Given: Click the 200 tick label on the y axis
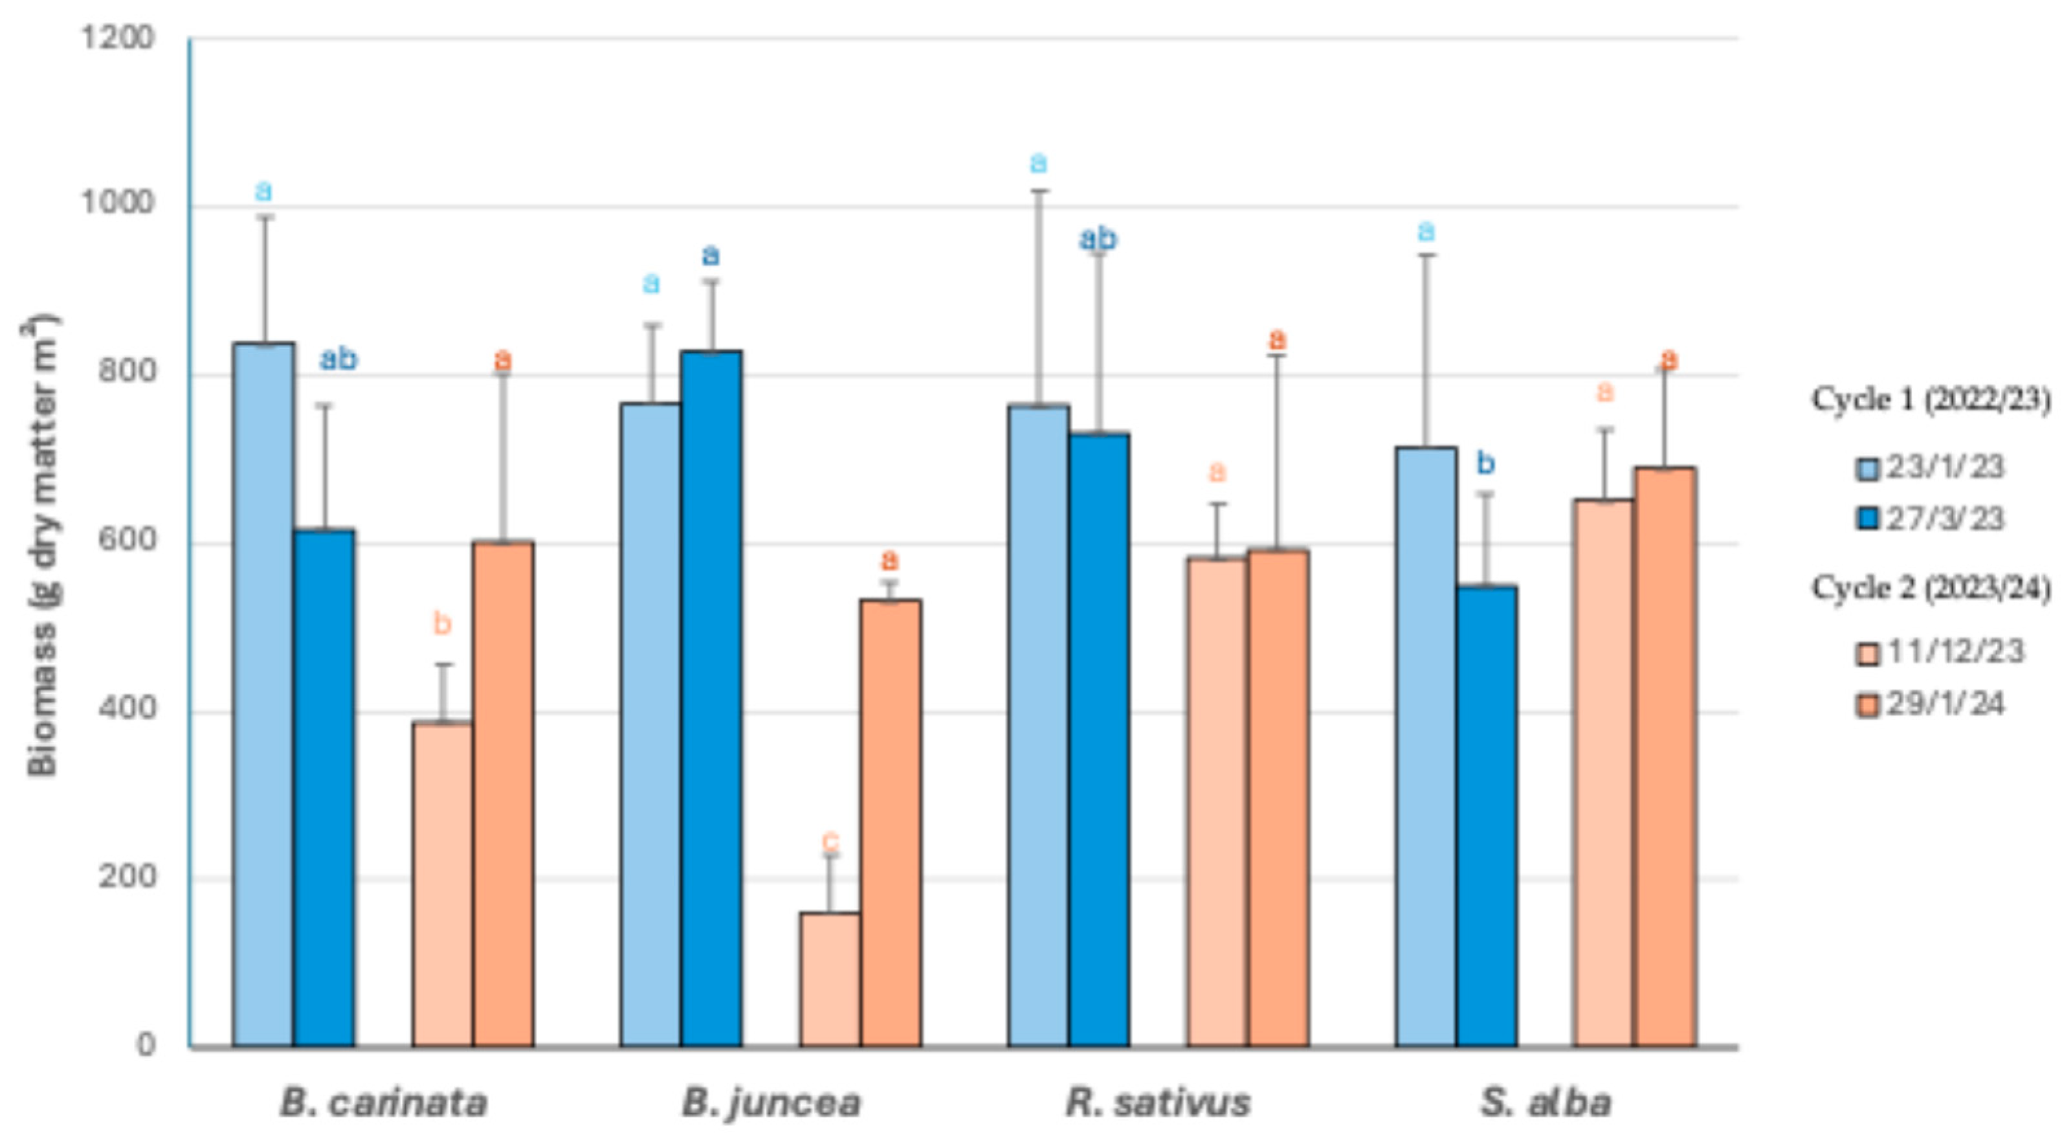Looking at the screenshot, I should (125, 876).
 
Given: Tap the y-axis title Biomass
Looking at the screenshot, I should (41, 544).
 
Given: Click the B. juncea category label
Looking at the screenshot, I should (771, 1103).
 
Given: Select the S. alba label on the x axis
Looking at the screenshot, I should (1545, 1103).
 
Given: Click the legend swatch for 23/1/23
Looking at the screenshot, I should (1867, 468).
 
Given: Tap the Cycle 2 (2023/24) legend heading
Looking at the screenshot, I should (1931, 589).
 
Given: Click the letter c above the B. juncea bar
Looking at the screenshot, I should (830, 841).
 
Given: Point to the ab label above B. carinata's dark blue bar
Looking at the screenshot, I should (338, 359).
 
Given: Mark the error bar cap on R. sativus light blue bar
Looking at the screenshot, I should (1039, 190).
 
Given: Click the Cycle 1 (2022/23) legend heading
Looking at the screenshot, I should (1931, 399).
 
